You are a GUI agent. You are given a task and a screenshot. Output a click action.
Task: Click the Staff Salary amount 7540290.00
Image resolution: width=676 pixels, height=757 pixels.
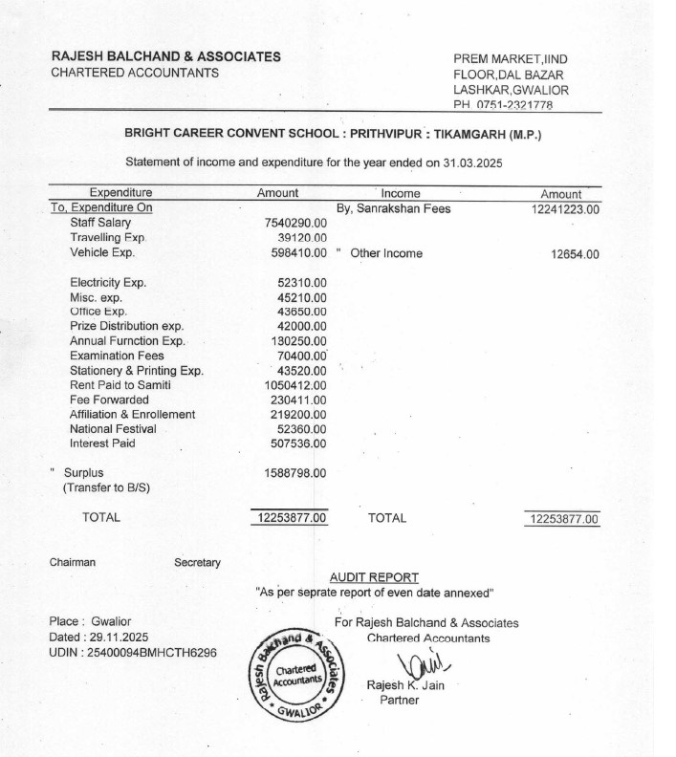pos(295,223)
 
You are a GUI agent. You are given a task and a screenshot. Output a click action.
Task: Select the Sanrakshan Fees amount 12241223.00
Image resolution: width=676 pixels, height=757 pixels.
pos(564,208)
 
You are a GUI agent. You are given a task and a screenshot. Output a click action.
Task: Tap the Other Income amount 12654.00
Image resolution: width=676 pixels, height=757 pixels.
pos(576,254)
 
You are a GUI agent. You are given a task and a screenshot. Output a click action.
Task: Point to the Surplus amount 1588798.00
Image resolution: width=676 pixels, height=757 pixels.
pos(295,473)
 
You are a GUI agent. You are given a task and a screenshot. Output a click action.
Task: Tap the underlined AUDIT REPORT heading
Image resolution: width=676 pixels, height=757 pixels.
pos(374,577)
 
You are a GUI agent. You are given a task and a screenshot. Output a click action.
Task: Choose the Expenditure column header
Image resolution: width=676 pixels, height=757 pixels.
pos(120,193)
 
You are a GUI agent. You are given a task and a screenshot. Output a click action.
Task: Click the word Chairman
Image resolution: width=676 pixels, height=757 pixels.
pos(73,563)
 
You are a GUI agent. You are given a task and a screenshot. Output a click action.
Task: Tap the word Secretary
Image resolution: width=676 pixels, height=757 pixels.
pos(197,563)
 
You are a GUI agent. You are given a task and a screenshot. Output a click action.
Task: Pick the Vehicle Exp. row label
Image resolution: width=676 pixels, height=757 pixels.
pos(102,253)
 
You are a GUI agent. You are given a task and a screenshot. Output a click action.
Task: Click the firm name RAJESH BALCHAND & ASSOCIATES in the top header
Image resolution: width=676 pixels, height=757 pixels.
pos(165,56)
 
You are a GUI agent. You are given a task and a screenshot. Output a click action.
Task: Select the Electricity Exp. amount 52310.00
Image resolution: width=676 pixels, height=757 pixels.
pos(302,283)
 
